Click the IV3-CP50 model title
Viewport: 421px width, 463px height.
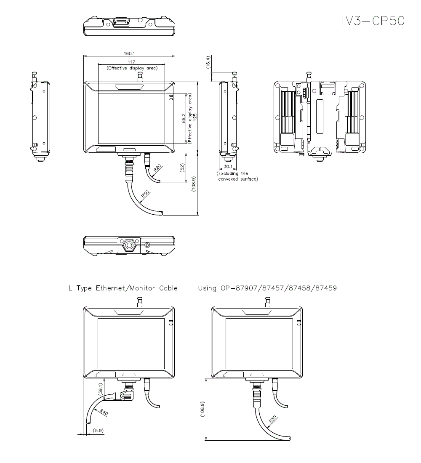click(x=373, y=21)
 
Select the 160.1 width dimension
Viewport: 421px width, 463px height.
click(x=129, y=53)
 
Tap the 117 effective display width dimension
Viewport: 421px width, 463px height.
click(x=132, y=62)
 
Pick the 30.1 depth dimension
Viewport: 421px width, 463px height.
click(x=228, y=166)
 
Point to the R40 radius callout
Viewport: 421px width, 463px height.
click(x=103, y=412)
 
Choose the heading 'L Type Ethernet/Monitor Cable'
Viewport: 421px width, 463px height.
click(x=123, y=288)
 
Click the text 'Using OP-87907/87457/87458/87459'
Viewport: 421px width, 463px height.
click(x=267, y=288)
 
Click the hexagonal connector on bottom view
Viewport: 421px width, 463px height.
click(x=129, y=245)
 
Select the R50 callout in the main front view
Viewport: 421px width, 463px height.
click(x=145, y=194)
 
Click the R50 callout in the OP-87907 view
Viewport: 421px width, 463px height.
click(x=273, y=419)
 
